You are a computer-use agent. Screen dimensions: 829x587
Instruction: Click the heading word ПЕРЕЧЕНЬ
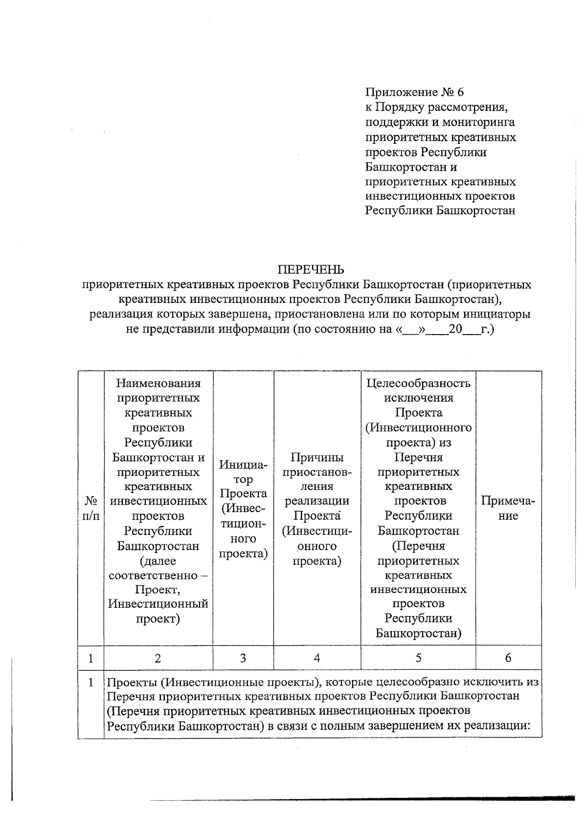(311, 270)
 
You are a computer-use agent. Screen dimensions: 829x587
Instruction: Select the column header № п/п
(91, 508)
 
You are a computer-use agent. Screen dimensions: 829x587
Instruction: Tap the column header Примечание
(508, 508)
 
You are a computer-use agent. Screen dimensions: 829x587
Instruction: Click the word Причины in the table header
(317, 457)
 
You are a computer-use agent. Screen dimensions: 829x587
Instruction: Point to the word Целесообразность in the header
(418, 383)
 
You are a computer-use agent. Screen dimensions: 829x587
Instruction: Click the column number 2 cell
(158, 658)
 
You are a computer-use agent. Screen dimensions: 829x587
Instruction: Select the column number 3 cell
(243, 658)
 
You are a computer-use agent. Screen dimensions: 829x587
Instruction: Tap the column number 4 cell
(317, 658)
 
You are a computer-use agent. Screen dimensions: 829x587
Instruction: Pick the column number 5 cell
(418, 658)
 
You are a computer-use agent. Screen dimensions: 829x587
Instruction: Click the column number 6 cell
(508, 658)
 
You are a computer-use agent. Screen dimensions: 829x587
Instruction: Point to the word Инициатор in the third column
(243, 472)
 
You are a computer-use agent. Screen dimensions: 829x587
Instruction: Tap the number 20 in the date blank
(455, 329)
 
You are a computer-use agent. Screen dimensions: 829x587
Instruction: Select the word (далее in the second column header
(158, 561)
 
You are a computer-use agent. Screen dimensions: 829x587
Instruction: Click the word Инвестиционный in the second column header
(158, 604)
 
